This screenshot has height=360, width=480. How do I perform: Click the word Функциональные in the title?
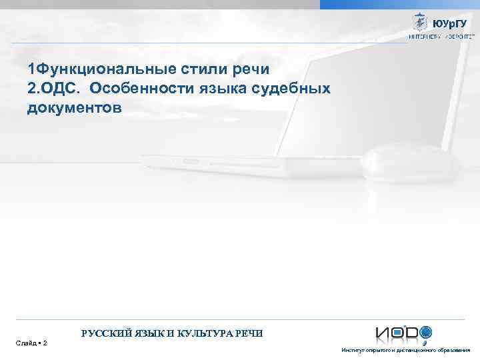(x=106, y=69)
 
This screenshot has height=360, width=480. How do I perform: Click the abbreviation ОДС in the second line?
(x=61, y=88)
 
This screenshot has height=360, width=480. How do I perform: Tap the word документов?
(x=75, y=107)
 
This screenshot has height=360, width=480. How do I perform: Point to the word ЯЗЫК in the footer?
(x=150, y=333)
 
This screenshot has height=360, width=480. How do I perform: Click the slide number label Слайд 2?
(x=31, y=343)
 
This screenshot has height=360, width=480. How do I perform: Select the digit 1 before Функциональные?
(x=31, y=69)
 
